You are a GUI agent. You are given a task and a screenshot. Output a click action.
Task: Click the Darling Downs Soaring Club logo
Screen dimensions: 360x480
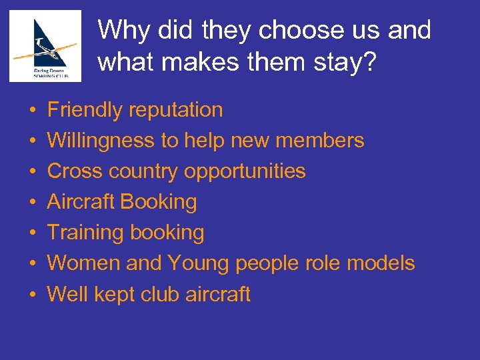(x=45, y=46)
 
